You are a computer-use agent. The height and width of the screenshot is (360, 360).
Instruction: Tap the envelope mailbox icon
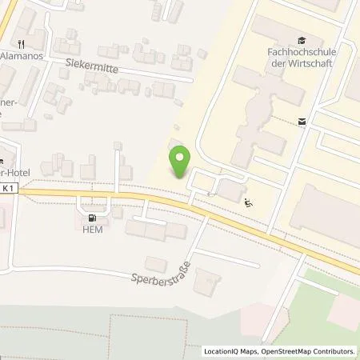tap(302, 122)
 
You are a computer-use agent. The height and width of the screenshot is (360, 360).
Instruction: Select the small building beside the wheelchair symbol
tap(232, 190)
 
